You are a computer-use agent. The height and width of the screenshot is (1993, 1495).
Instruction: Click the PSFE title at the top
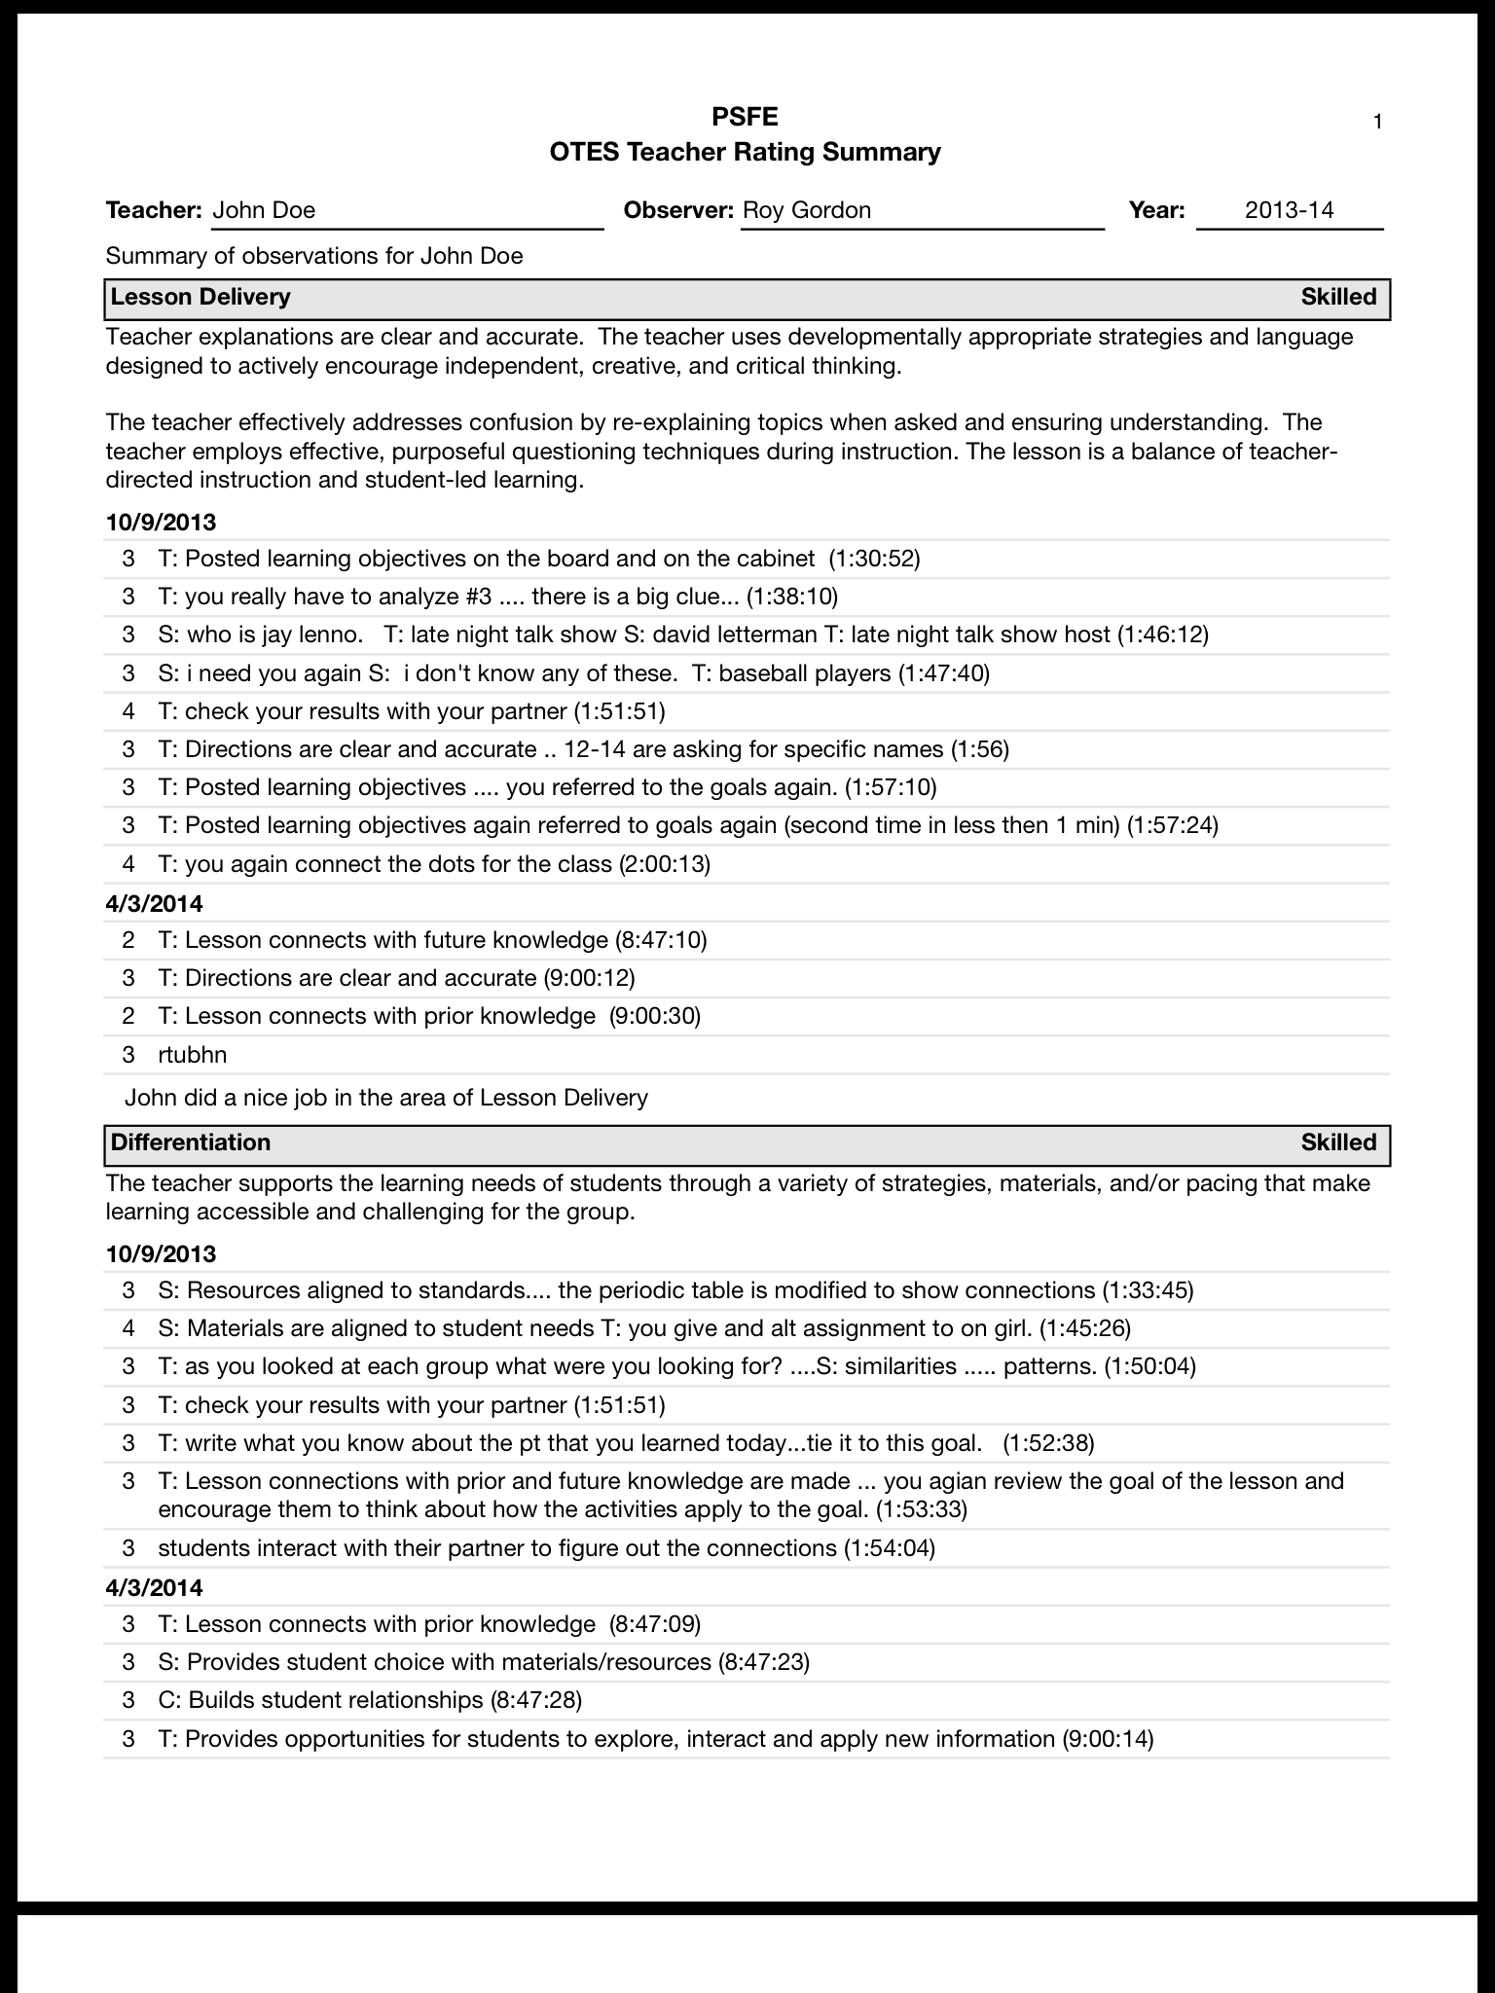click(745, 118)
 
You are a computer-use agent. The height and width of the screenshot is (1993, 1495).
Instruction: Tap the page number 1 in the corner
click(1377, 122)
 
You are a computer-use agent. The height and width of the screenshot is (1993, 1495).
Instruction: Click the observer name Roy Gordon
click(807, 210)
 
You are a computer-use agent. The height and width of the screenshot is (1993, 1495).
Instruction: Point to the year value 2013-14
click(1289, 210)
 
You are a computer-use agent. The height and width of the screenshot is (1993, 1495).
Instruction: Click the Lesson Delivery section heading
click(201, 297)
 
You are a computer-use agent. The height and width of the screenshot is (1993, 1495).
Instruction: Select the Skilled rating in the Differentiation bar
click(1338, 1142)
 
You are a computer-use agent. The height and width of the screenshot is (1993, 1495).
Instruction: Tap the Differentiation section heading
click(191, 1142)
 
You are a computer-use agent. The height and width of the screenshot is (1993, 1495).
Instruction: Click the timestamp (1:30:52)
click(874, 559)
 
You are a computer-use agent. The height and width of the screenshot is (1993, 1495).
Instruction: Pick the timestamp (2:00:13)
click(665, 864)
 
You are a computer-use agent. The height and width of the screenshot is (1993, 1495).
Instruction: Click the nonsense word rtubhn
click(193, 1055)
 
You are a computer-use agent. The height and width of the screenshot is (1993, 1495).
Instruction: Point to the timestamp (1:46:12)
click(1162, 634)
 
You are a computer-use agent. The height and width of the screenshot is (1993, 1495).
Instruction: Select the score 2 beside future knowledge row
click(128, 940)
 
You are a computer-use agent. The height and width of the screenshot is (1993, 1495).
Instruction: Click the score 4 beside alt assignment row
click(128, 1328)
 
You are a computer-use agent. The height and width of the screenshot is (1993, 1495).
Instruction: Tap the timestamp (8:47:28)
click(535, 1700)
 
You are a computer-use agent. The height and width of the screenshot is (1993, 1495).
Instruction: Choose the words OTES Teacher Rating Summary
click(745, 152)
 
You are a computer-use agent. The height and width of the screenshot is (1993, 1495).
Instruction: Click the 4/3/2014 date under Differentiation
click(154, 1588)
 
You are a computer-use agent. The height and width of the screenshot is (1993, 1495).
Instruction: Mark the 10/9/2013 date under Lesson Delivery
click(161, 523)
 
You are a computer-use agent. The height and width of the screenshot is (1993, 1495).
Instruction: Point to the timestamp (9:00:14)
click(1107, 1739)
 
